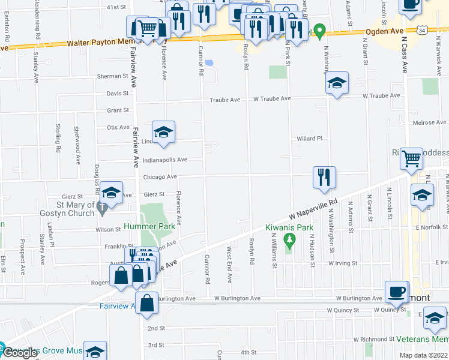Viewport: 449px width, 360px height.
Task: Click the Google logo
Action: pyautogui.click(x=20, y=353)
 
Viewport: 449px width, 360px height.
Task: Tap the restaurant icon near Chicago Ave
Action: pyautogui.click(x=324, y=177)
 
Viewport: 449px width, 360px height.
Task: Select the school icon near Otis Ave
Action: pyautogui.click(x=163, y=131)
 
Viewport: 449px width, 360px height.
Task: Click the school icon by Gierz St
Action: pyautogui.click(x=111, y=192)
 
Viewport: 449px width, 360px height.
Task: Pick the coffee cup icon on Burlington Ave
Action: pyautogui.click(x=396, y=292)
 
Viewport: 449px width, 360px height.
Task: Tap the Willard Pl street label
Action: pyautogui.click(x=310, y=139)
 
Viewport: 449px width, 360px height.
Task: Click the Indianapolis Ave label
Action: pyautogui.click(x=165, y=160)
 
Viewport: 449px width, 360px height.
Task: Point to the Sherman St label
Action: pyautogui.click(x=113, y=77)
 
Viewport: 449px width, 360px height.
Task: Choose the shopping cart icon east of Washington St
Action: pyautogui.click(x=412, y=159)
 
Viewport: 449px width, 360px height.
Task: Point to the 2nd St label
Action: pyautogui.click(x=156, y=328)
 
